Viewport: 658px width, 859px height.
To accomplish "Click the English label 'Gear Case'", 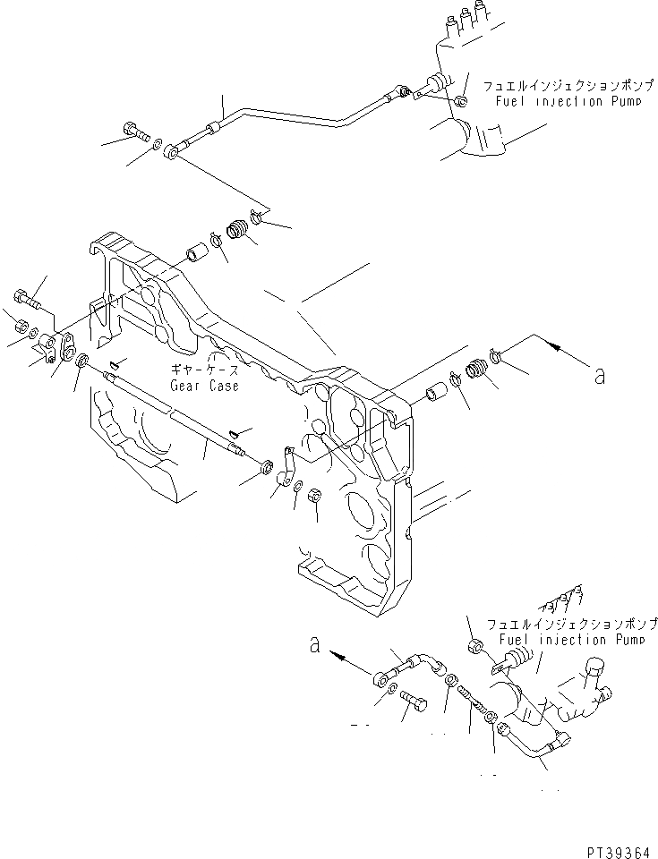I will (205, 386).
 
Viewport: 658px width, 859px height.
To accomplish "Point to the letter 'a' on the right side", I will (599, 376).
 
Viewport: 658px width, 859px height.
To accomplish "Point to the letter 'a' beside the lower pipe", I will (315, 645).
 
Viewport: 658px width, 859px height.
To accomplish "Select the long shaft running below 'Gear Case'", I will (179, 421).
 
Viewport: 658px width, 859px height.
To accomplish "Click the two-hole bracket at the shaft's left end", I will (59, 344).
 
